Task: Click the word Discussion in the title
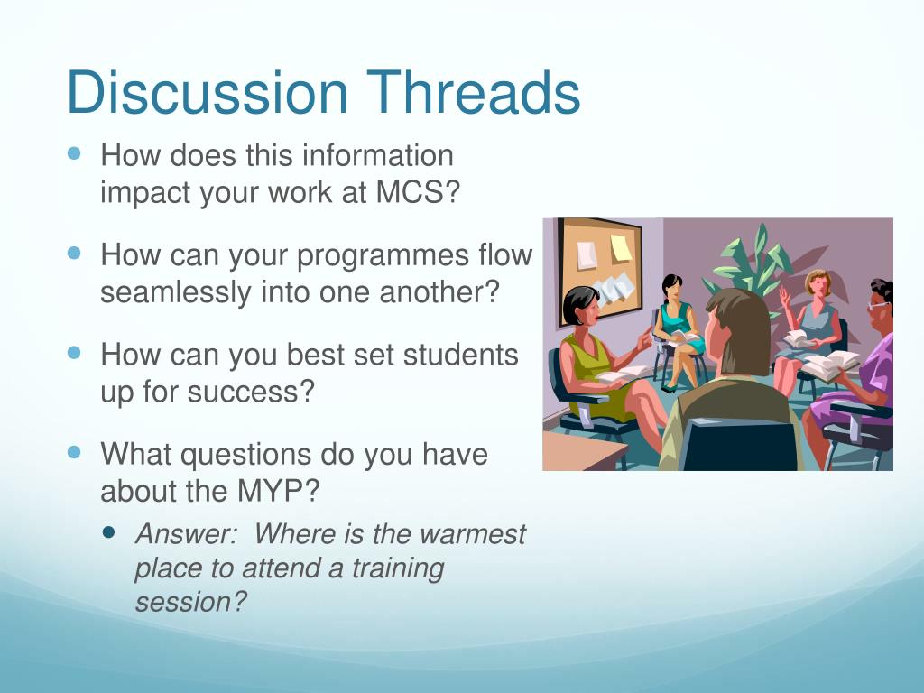(x=208, y=93)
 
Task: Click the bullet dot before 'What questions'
(x=74, y=453)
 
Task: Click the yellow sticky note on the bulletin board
(x=621, y=248)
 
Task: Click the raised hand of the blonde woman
(x=784, y=295)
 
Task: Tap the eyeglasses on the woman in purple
(x=877, y=306)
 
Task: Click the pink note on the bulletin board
(x=587, y=255)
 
